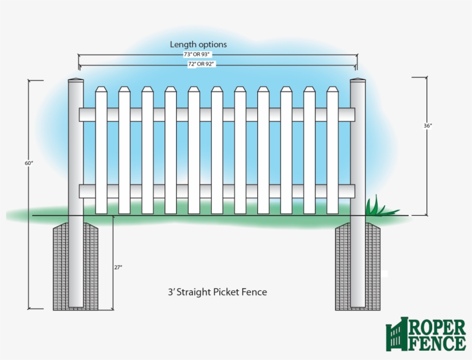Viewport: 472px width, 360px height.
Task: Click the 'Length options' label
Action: point(198,44)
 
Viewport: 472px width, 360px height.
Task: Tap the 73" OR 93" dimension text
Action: point(198,55)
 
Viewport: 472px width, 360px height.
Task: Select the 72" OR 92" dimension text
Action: point(201,64)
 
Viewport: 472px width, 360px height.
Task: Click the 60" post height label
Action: point(29,163)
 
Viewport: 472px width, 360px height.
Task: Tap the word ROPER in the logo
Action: point(437,328)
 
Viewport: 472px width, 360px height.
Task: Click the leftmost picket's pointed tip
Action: point(101,89)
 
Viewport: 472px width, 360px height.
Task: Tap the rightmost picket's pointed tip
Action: point(333,89)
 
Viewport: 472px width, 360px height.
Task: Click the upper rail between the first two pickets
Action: point(113,114)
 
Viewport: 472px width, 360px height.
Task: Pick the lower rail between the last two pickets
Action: point(321,191)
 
